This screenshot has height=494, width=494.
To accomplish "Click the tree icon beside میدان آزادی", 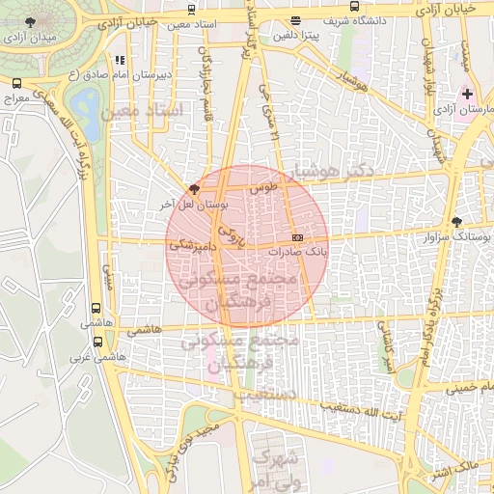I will pyautogui.click(x=32, y=20).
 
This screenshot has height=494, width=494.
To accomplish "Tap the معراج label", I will pyautogui.click(x=16, y=98).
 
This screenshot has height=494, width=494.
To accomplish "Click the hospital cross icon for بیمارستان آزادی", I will pyautogui.click(x=468, y=94).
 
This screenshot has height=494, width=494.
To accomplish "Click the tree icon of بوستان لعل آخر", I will pyautogui.click(x=194, y=189).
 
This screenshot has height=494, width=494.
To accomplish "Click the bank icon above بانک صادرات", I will pyautogui.click(x=297, y=236).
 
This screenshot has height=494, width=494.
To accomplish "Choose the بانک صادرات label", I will pyautogui.click(x=302, y=251).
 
